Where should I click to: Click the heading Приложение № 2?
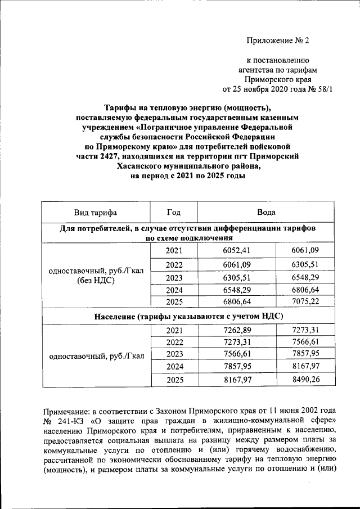(278, 40)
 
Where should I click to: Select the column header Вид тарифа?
(96, 213)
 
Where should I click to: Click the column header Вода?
(266, 213)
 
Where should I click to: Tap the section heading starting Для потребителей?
(188, 232)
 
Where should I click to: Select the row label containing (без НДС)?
(96, 281)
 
